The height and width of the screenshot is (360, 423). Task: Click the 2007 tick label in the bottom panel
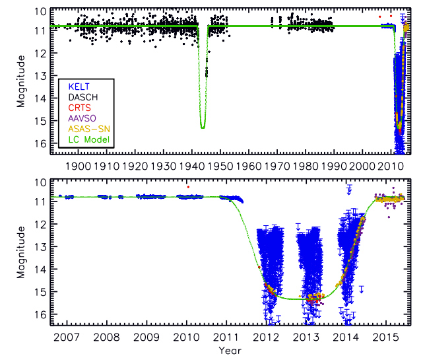tap(63, 338)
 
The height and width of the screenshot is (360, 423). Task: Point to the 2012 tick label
tap(267, 338)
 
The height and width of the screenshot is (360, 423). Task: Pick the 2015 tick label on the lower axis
tap(389, 338)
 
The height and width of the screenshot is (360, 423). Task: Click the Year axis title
tap(230, 350)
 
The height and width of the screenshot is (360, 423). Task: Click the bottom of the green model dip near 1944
tap(203, 127)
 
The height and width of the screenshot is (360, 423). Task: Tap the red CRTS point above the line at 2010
tap(188, 187)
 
